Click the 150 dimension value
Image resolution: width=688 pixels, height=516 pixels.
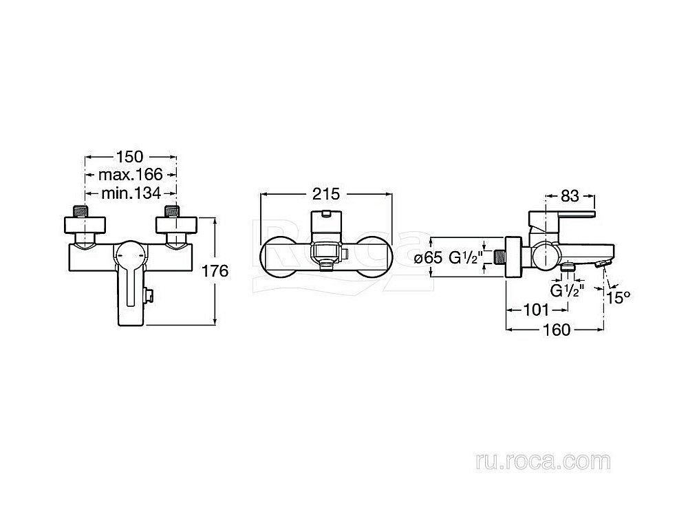130,156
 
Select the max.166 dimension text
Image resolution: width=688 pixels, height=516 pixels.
130,175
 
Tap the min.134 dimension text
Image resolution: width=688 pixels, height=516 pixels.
131,193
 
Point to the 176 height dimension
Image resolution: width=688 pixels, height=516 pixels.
215,270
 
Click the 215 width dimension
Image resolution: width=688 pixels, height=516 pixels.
326,194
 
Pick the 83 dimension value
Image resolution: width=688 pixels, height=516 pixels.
570,195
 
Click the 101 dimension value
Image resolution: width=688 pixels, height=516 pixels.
537,310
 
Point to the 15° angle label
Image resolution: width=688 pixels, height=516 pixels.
619,298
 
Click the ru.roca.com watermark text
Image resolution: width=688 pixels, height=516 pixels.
543,462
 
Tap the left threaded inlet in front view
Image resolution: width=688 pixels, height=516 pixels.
84,211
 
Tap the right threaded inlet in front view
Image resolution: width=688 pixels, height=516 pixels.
172,211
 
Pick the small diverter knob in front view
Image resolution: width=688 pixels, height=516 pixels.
149,296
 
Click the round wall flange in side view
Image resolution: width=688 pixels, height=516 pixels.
514,257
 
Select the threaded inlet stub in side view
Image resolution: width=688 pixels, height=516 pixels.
499,257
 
